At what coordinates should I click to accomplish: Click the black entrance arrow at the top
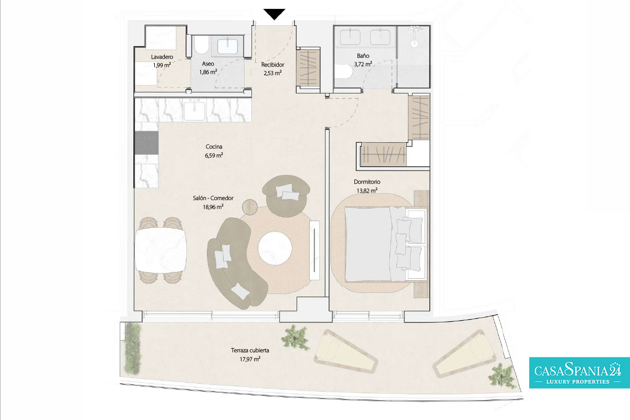click(274, 14)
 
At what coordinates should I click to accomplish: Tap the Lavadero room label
click(162, 57)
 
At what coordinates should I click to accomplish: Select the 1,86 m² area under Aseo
click(208, 72)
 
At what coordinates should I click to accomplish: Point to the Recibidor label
click(272, 65)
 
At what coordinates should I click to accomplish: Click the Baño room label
click(363, 56)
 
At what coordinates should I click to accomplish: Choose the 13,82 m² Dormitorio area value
click(367, 191)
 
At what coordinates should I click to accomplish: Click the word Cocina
click(214, 146)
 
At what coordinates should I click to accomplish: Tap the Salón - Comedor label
click(213, 198)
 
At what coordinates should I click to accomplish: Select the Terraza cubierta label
click(250, 350)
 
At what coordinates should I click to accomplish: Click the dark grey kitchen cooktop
click(146, 143)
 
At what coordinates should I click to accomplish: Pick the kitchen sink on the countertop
click(194, 111)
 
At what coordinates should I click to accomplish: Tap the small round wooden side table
click(250, 207)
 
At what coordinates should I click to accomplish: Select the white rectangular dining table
click(161, 250)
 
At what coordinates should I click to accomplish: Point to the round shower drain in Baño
click(414, 44)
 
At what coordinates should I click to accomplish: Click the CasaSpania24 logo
click(580, 373)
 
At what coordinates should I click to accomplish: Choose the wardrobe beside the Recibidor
click(309, 68)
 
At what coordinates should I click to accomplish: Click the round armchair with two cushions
click(286, 195)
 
